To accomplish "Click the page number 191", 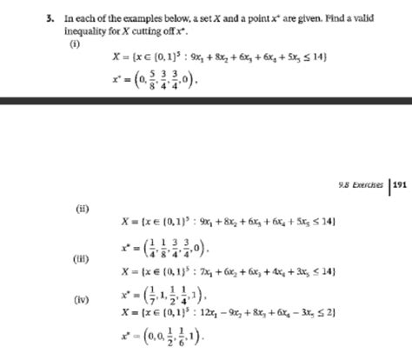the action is [x=399, y=183].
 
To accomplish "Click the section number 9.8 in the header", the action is [x=340, y=184].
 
